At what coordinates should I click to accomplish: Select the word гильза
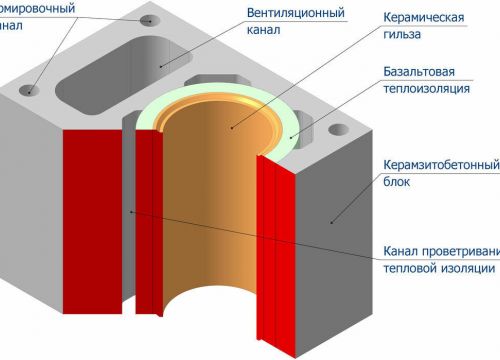[x=403, y=35]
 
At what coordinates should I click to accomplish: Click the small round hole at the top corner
[x=150, y=20]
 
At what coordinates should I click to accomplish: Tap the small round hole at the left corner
[x=28, y=91]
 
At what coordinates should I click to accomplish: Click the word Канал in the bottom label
[x=401, y=250]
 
